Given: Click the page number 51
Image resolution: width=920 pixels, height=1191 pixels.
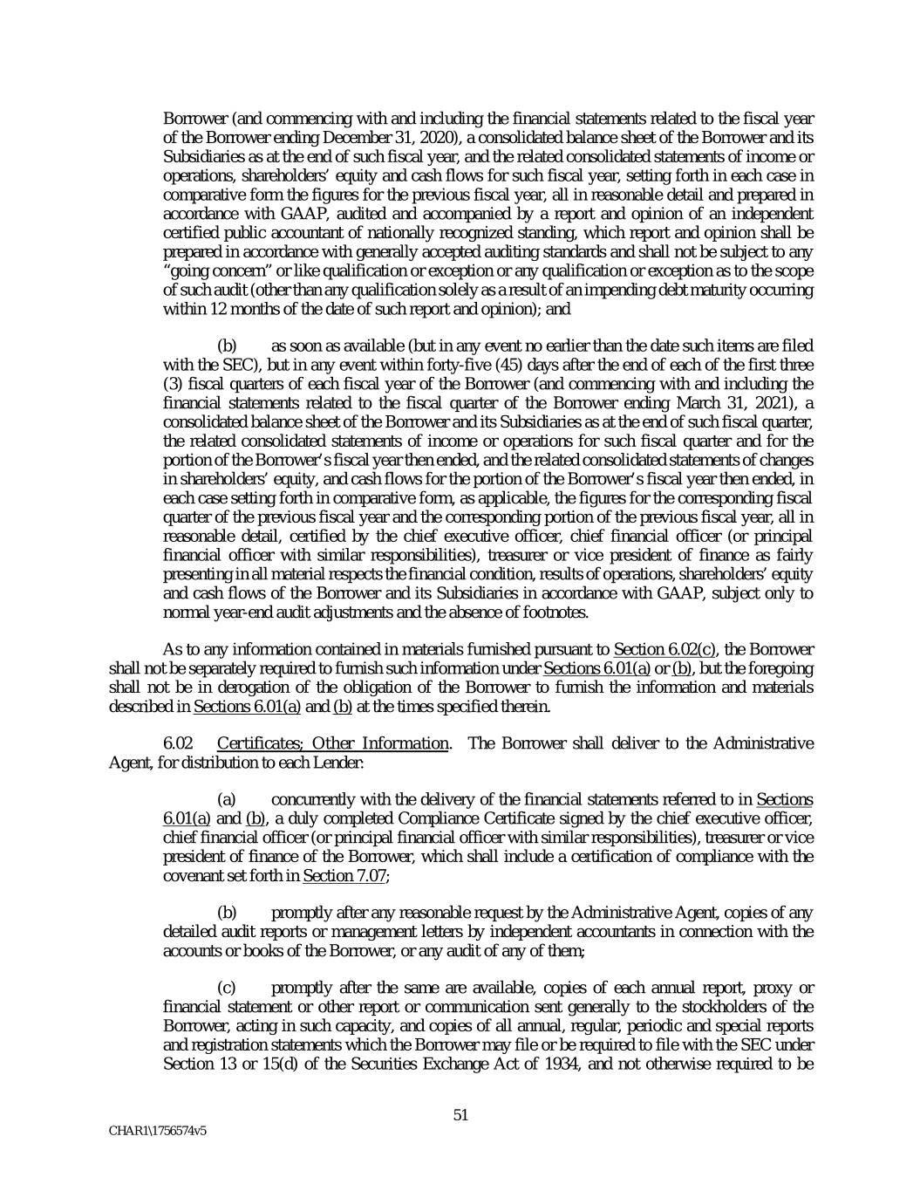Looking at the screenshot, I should pyautogui.click(x=461, y=1114).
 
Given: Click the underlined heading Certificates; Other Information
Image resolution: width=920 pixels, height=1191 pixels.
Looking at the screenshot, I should pyautogui.click(x=333, y=743).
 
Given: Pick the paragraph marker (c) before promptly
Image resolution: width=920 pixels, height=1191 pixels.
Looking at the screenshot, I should pyautogui.click(x=227, y=988).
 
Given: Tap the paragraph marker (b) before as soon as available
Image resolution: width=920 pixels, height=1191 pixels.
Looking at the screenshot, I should pyautogui.click(x=227, y=346).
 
